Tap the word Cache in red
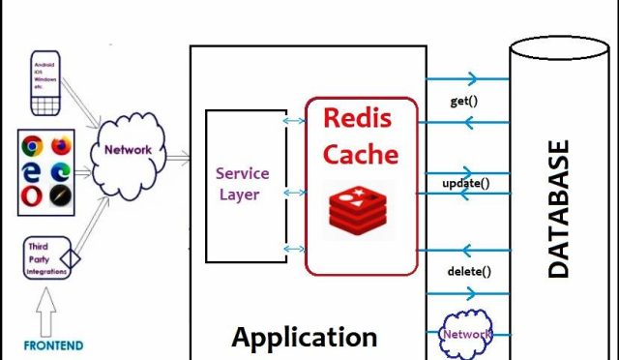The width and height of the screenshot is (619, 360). [360, 154]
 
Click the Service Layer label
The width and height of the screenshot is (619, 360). [242, 183]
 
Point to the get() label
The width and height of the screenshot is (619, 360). [465, 102]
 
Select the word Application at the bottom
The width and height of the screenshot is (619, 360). [304, 338]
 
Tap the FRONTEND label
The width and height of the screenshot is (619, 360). [54, 345]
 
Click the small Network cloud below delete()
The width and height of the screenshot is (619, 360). [466, 334]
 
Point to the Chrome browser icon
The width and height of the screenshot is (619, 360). [32, 147]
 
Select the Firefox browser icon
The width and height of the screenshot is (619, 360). [62, 147]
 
